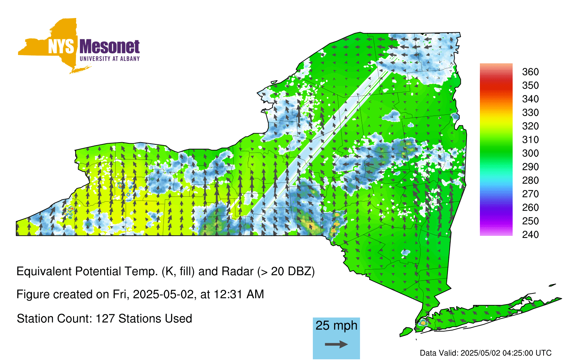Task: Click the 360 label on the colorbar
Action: (530, 72)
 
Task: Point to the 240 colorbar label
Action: (530, 234)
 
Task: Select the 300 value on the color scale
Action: (530, 153)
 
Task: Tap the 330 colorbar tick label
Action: (530, 112)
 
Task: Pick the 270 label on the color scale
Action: (530, 194)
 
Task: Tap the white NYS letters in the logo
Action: (61, 47)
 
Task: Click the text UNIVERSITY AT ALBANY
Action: (110, 59)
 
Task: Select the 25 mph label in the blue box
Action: (336, 325)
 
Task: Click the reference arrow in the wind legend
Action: (336, 344)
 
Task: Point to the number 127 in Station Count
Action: (105, 319)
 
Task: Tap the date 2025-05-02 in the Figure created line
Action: (163, 294)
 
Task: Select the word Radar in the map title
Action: (238, 271)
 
